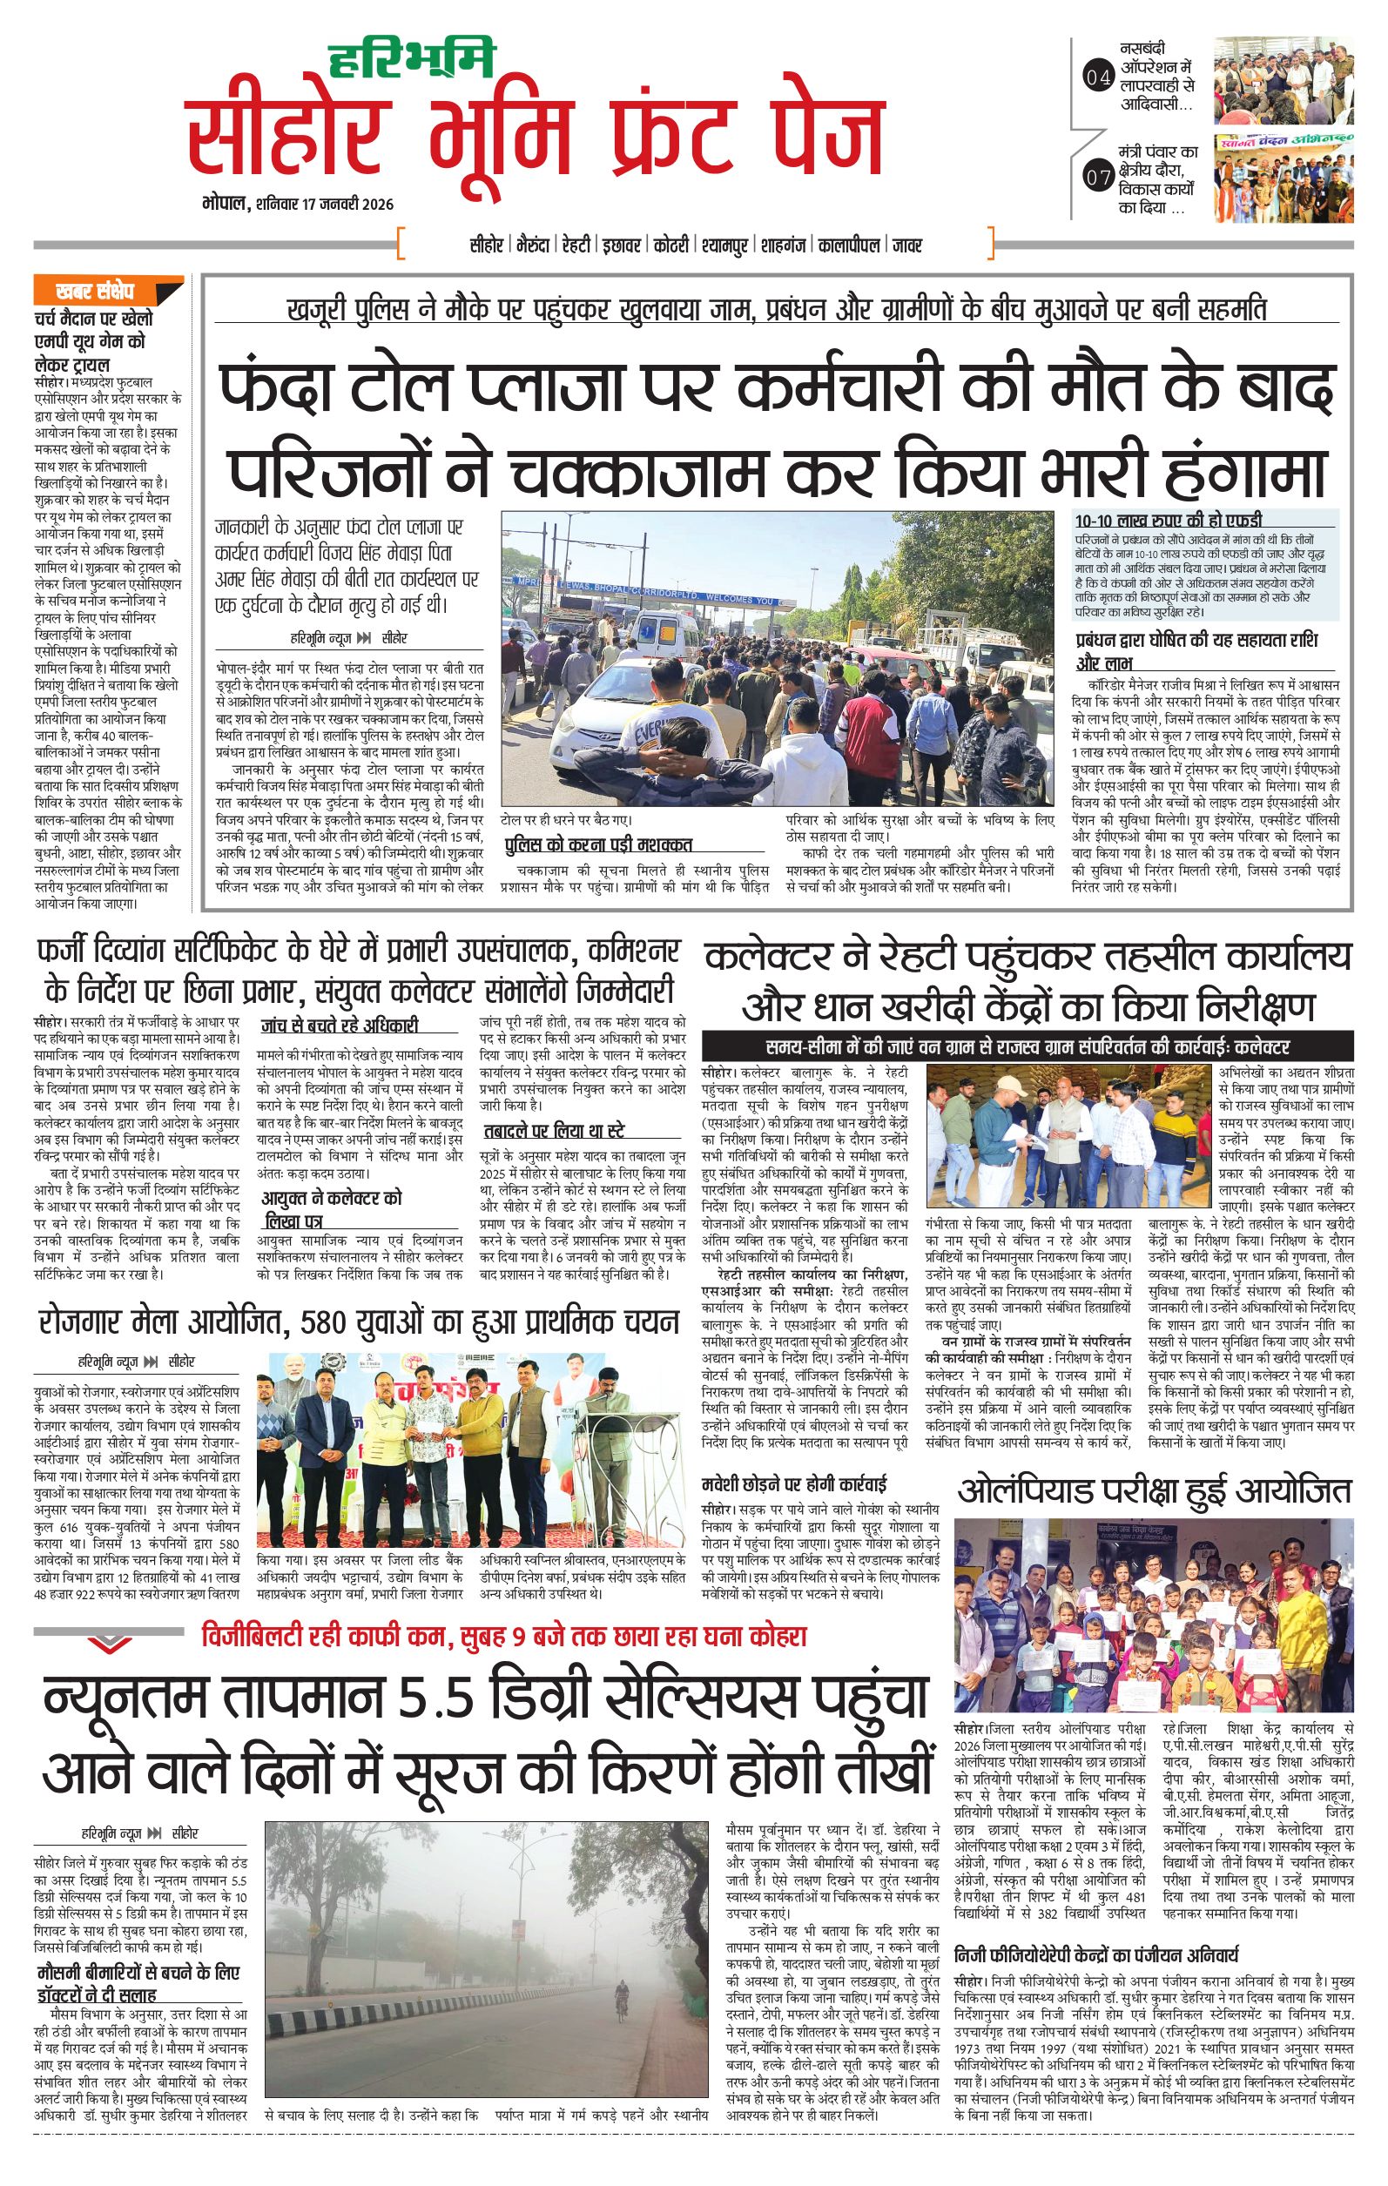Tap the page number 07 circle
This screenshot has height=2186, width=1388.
coord(1097,178)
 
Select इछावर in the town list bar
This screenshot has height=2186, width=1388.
coord(623,245)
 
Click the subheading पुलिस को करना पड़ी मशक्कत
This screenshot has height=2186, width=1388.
coord(598,844)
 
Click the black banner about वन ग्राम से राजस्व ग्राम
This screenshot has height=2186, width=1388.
coord(1027,1046)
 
